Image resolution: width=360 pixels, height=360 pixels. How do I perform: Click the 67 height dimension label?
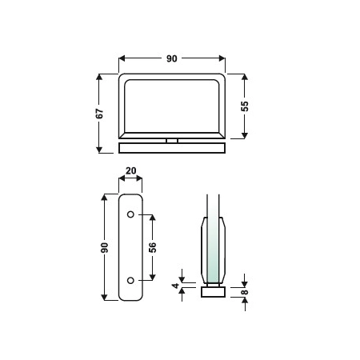(99, 114)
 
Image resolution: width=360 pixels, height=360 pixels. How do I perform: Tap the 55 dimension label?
(245, 106)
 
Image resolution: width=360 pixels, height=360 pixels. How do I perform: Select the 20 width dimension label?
(130, 170)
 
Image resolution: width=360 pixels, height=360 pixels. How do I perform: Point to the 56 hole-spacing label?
(153, 247)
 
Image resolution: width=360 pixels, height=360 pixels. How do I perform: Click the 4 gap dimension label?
(176, 286)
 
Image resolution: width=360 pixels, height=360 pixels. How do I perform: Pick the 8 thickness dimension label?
(245, 292)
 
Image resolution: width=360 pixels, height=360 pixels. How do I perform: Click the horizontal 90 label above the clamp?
(172, 58)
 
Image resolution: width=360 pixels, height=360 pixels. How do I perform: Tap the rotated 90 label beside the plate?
(105, 247)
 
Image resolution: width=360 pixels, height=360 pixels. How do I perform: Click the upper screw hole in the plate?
(130, 214)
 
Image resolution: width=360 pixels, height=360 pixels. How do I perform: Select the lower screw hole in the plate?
(130, 280)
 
